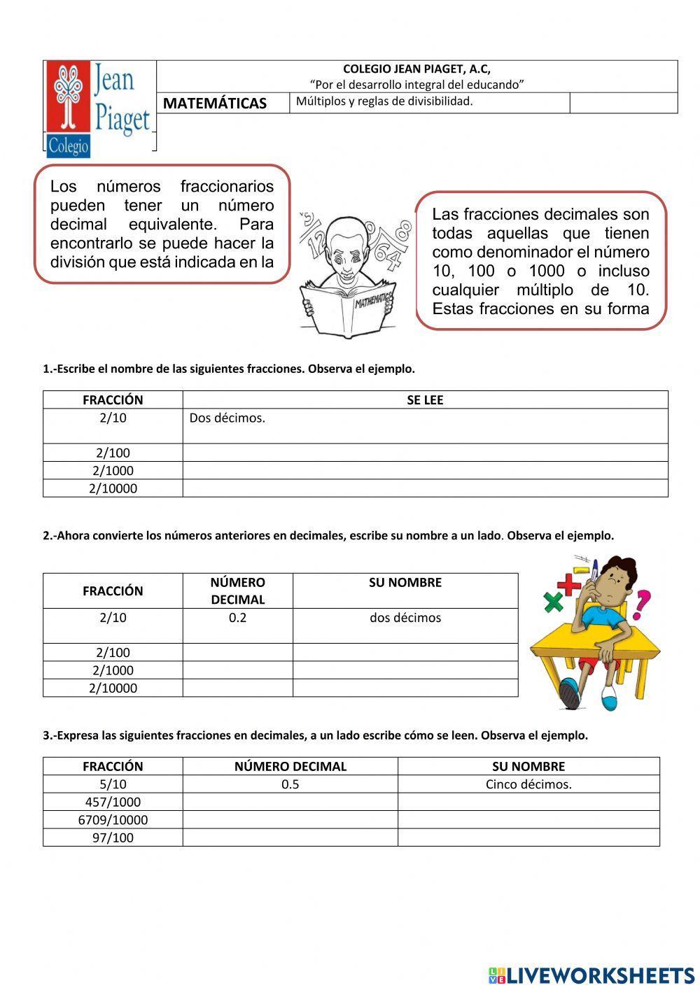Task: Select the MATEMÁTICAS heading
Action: tap(215, 104)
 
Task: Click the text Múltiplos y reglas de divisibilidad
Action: tap(384, 101)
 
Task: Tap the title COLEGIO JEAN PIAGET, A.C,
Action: tap(416, 69)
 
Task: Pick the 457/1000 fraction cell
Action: tap(113, 802)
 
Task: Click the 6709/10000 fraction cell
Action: tap(113, 820)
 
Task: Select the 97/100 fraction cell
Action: tap(113, 837)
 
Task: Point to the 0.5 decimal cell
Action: tap(290, 784)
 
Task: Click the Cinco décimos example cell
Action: tap(528, 784)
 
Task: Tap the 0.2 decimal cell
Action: tap(237, 618)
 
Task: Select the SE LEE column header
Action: tap(425, 400)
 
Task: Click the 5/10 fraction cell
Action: tap(113, 784)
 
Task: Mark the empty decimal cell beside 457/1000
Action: tap(290, 802)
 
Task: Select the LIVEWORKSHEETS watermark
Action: tap(591, 975)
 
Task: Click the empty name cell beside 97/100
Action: tap(528, 837)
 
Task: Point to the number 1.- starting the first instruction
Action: tap(49, 369)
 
